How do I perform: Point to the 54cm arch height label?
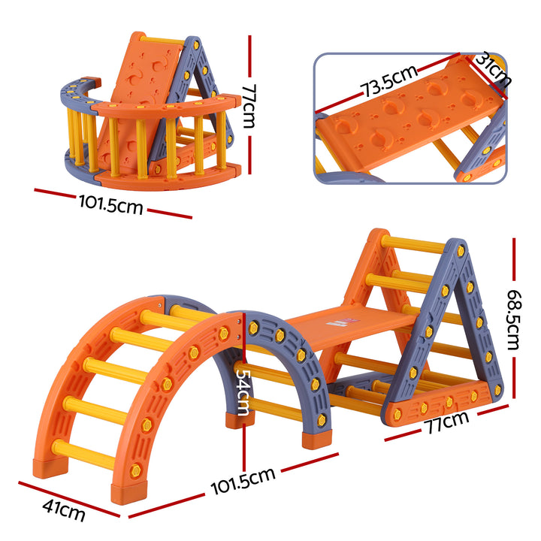coord(243,390)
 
